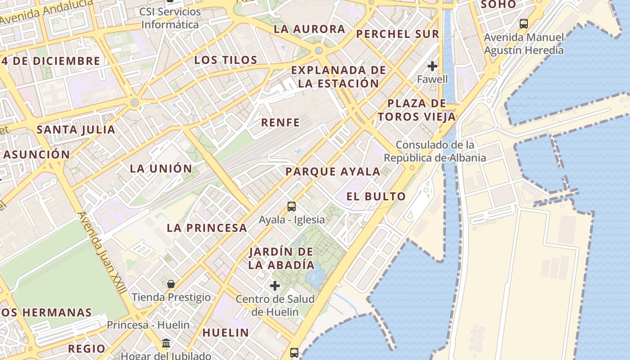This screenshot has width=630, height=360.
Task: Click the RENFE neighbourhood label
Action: (280, 122)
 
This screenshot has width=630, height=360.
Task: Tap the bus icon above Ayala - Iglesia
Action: (292, 207)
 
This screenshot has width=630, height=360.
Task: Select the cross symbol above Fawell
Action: (432, 67)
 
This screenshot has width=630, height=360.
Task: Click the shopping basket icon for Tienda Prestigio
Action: (171, 284)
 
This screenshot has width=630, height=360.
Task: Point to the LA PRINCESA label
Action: (207, 228)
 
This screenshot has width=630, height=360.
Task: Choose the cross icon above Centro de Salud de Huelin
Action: (275, 286)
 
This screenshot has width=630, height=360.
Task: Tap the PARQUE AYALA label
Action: (333, 171)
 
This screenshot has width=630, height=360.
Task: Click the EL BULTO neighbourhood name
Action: (376, 196)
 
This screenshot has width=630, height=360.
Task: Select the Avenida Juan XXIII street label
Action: (102, 253)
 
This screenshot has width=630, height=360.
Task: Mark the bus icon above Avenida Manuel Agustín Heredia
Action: (523, 24)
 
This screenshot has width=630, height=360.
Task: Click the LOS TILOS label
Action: (226, 60)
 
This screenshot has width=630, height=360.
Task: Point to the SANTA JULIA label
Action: (76, 130)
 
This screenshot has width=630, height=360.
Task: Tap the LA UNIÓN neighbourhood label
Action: (161, 169)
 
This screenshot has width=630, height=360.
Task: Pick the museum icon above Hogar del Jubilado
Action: (166, 343)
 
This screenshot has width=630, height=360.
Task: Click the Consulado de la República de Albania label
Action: (435, 152)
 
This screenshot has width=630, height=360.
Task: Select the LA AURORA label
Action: (310, 29)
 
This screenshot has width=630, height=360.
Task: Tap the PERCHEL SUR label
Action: (397, 34)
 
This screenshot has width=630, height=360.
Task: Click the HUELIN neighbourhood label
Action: (225, 333)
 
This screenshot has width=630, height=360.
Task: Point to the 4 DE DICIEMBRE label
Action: (51, 61)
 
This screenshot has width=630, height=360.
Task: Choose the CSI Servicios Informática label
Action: (170, 18)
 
